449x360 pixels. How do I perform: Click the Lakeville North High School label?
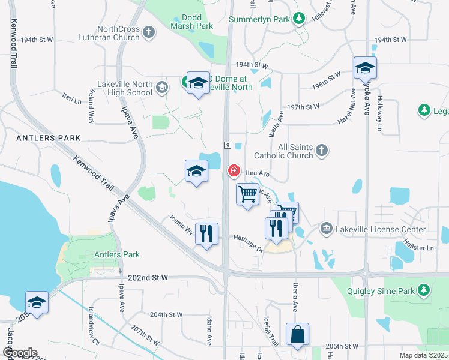(124, 89)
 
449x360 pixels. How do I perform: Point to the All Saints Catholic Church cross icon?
(322, 150)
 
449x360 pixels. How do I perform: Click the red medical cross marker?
(234, 172)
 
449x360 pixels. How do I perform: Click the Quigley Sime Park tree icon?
(424, 290)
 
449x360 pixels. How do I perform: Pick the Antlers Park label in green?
(117, 254)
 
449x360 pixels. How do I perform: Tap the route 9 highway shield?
(228, 145)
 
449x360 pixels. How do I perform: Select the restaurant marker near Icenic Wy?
(206, 233)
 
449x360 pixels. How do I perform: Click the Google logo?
(19, 353)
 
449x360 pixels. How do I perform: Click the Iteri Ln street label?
(71, 97)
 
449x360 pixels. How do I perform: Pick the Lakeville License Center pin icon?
(326, 229)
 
